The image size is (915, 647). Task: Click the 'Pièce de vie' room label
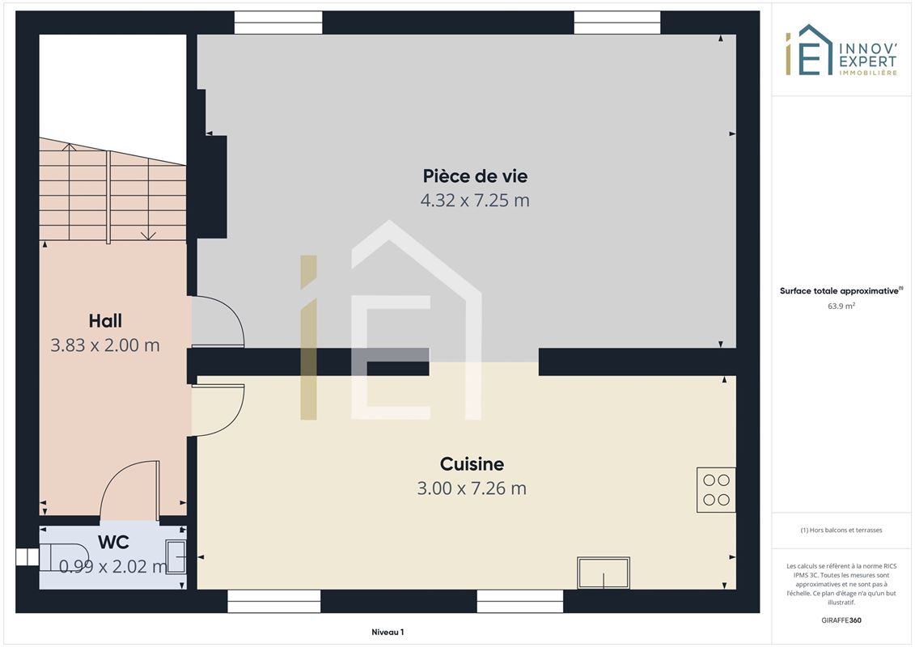tap(475, 176)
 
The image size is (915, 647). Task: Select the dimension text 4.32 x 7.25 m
tap(475, 201)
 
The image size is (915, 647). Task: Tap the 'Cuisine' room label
tap(472, 463)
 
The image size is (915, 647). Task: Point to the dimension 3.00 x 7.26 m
tap(472, 488)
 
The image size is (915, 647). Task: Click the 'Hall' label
tap(105, 321)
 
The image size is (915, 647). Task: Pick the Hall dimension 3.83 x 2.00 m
tap(105, 345)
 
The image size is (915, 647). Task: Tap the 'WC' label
tap(113, 542)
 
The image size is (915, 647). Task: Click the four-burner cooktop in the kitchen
tap(716, 490)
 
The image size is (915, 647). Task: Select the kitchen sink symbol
tap(604, 573)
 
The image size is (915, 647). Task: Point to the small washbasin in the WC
tap(176, 556)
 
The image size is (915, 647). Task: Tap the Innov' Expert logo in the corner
tap(841, 50)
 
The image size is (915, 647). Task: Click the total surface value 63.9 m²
tap(841, 306)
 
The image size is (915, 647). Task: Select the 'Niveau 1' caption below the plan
tap(388, 632)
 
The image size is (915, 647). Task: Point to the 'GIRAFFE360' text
tap(841, 620)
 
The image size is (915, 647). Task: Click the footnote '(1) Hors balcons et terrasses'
tap(841, 531)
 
